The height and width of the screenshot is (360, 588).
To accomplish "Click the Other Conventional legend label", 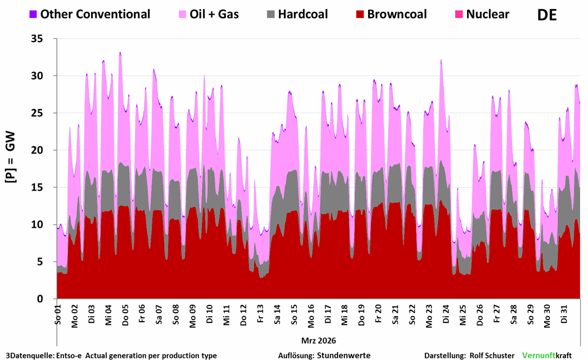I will (x=95, y=14).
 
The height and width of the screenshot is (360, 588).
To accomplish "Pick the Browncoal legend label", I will (x=397, y=14).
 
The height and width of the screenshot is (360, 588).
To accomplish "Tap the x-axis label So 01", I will (x=58, y=314).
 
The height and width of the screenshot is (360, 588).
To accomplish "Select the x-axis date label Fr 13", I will (x=260, y=314).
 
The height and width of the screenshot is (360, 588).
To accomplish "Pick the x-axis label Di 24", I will (x=446, y=314).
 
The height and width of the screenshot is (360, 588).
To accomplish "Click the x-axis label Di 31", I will (x=564, y=314).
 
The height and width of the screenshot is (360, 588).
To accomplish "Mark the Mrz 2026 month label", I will (x=318, y=340).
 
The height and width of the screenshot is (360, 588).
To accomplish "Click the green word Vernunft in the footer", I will (x=539, y=355).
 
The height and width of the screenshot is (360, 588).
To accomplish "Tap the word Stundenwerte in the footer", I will (x=343, y=355).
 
